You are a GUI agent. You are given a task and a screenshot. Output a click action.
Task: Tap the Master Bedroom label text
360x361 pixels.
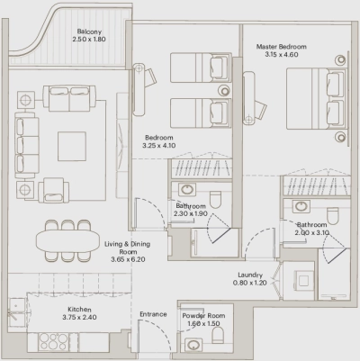tap(281, 46)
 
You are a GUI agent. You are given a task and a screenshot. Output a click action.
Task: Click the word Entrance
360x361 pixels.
tap(153, 314)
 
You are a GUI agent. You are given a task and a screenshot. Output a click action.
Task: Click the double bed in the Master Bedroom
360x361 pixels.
tap(316, 100)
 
